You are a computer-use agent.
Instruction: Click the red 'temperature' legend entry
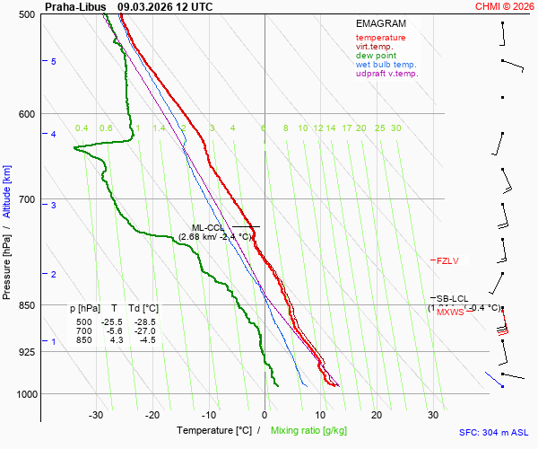[380, 38]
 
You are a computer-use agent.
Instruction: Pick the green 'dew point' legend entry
[377, 56]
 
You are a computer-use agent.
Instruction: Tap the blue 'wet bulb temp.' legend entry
[386, 65]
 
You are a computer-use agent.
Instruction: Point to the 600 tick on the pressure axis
[25, 114]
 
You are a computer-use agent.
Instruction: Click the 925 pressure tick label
[25, 352]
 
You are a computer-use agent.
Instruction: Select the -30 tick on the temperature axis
[96, 415]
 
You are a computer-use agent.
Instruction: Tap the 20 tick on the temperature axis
[377, 415]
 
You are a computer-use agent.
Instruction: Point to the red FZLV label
[447, 260]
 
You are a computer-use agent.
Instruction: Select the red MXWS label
[450, 313]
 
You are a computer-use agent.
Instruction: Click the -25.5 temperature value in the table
[112, 321]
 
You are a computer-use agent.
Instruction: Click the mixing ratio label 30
[395, 128]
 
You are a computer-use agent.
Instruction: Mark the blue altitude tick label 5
[54, 61]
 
